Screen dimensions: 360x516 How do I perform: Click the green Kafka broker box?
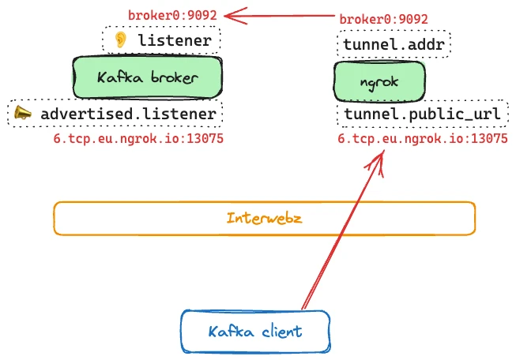146,77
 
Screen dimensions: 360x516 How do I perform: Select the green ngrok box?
379,81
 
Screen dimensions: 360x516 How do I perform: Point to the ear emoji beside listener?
120,40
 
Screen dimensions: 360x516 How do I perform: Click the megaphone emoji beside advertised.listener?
23,114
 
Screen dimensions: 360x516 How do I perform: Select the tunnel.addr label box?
394,43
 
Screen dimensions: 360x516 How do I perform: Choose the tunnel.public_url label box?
421,115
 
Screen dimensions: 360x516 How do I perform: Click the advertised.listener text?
128,114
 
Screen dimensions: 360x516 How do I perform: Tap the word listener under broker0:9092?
174,40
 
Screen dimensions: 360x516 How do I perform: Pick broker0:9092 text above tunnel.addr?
383,19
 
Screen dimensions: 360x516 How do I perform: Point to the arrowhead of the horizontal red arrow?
228,14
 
